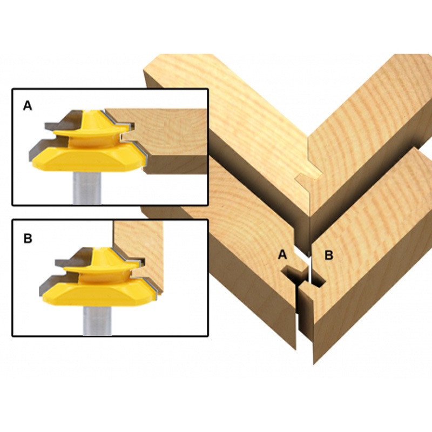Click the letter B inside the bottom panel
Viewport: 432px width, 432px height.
point(28,238)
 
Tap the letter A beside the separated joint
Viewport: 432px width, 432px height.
point(282,255)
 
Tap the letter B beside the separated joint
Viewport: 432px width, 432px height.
point(328,255)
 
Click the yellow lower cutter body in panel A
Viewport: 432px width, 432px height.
point(86,159)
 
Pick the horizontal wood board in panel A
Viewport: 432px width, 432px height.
point(173,135)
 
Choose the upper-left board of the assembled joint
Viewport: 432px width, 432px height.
point(227,108)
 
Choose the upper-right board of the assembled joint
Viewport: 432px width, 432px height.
point(367,108)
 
